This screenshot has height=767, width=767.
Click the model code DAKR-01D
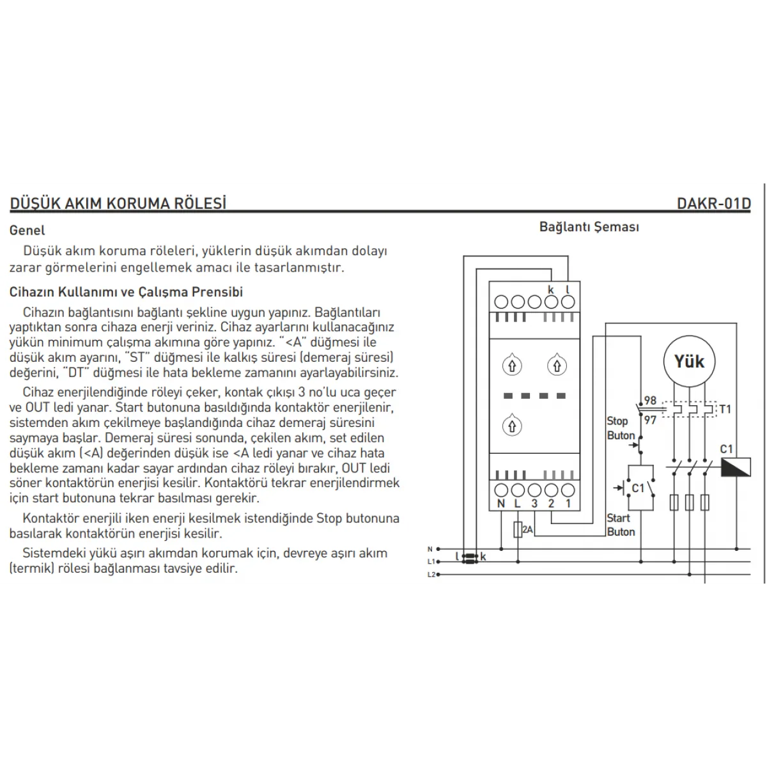coord(713,204)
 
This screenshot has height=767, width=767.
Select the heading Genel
coord(27,230)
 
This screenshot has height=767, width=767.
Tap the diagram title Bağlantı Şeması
coord(589,227)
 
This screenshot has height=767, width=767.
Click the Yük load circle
coord(688,362)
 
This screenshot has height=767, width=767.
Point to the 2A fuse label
coord(527,530)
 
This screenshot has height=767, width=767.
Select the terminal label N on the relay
coord(501,504)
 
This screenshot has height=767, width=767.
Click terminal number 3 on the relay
coord(534,504)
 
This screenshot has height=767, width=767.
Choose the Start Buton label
coord(620,525)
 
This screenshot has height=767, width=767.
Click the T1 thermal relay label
coord(725,409)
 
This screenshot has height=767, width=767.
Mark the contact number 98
coord(650,401)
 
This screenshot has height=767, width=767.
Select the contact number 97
coord(650,420)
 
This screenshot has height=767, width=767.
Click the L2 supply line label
coord(431,575)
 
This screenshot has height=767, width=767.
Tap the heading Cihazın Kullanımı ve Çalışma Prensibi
coord(127,292)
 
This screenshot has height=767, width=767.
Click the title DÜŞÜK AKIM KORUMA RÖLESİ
coord(118,204)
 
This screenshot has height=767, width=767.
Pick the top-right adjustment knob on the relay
coord(557,366)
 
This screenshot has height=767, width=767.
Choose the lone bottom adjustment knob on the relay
coord(511,425)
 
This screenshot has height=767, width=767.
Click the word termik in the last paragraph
coord(29,568)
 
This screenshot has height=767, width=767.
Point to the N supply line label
coord(430,549)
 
